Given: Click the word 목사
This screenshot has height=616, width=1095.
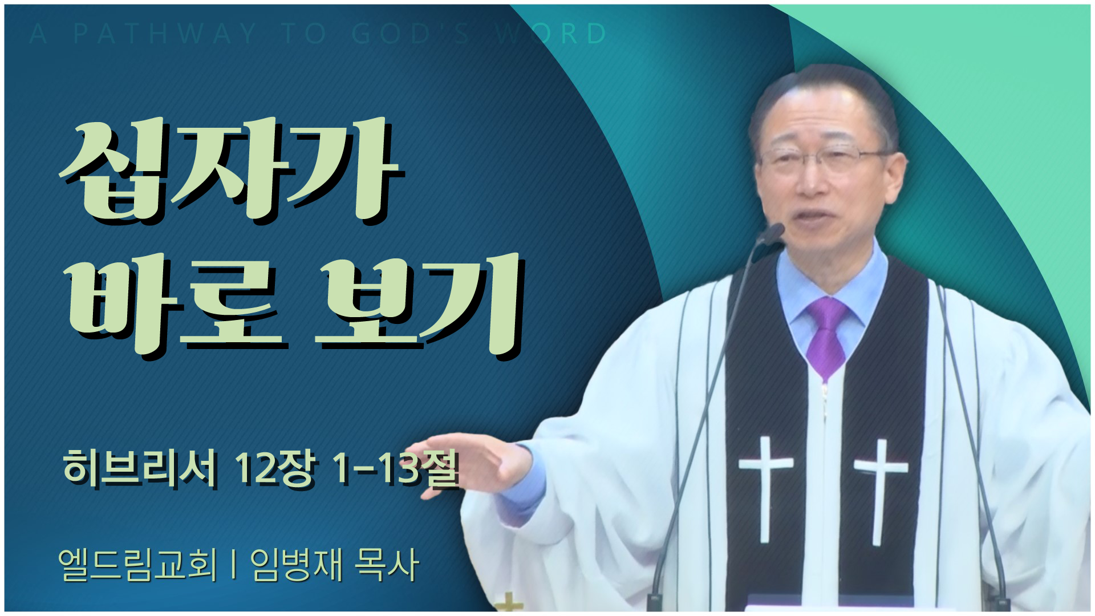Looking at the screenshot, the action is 387,565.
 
